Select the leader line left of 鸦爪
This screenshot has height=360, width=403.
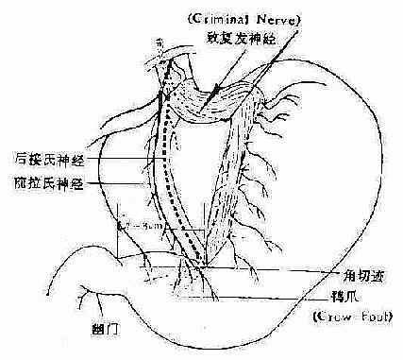(274, 294)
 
